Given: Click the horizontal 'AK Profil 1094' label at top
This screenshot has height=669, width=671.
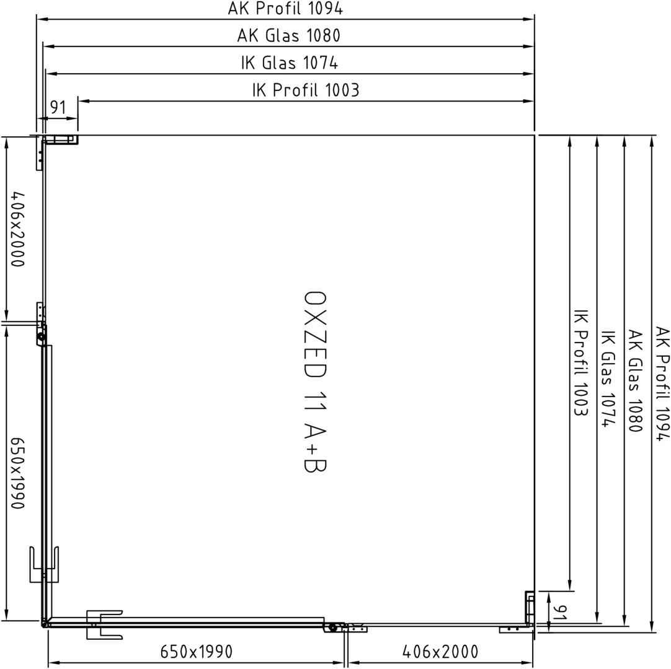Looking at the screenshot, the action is pos(285,9).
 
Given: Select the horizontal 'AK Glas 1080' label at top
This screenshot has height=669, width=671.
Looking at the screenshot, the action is pos(289,35).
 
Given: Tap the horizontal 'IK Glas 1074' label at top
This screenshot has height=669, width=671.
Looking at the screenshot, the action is pos(290,63).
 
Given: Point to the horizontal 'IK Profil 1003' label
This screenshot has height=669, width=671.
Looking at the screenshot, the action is pos(306,90).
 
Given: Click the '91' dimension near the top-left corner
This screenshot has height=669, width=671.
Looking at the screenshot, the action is pos(58,107).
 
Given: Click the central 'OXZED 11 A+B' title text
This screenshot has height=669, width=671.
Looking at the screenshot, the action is pos(315,382).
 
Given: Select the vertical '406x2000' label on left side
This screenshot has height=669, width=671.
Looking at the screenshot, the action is pos(17,229).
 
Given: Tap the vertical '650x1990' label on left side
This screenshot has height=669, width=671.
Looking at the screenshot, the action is pos(17,473).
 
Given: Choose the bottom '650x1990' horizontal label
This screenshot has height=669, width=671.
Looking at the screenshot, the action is pos(197,652).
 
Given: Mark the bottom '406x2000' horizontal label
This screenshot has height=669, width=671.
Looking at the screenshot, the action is pos(440,652).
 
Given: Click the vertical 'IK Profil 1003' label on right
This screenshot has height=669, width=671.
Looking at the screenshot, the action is pos(580,363).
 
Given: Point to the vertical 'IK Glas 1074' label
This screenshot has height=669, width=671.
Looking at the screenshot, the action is pos(608,378).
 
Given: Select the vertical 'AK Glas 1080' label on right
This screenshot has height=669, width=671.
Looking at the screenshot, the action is pos(636,380).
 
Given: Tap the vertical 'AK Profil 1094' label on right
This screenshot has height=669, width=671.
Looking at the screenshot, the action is pos(662,383).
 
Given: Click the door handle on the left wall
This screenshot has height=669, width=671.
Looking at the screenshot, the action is pos(44,564).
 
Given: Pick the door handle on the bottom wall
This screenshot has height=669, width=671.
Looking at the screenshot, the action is pos(104,624).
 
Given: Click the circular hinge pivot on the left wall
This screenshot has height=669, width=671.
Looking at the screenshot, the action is pos(42,337).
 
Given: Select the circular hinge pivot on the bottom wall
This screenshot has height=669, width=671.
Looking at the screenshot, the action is pos(332,627).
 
